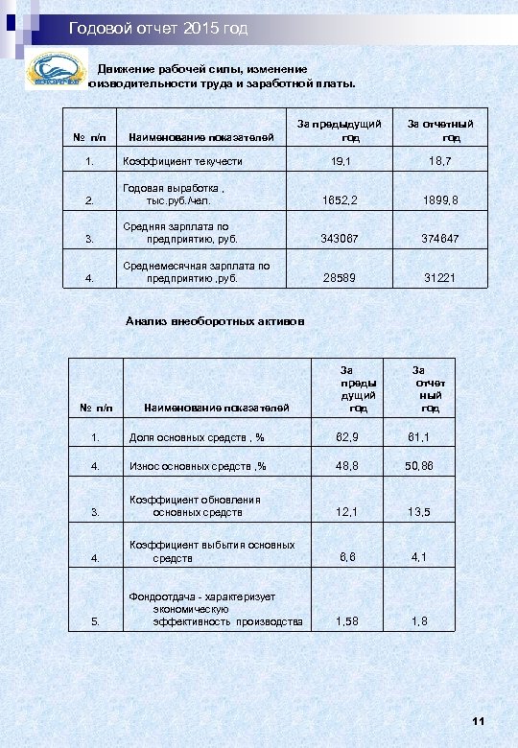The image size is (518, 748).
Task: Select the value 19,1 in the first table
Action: point(341,161)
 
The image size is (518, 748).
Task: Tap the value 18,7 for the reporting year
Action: point(441,161)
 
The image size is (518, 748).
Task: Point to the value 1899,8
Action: point(441,200)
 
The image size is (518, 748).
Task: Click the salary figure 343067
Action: point(340,239)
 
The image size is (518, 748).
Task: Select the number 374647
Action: point(441,239)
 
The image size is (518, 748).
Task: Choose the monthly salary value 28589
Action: point(340,278)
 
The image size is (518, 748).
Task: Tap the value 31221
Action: point(440,278)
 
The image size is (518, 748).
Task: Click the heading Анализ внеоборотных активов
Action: point(216,321)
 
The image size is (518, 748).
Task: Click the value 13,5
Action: point(418,512)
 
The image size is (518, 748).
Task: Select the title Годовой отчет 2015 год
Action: point(158,30)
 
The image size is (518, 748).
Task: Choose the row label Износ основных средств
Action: point(198,465)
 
